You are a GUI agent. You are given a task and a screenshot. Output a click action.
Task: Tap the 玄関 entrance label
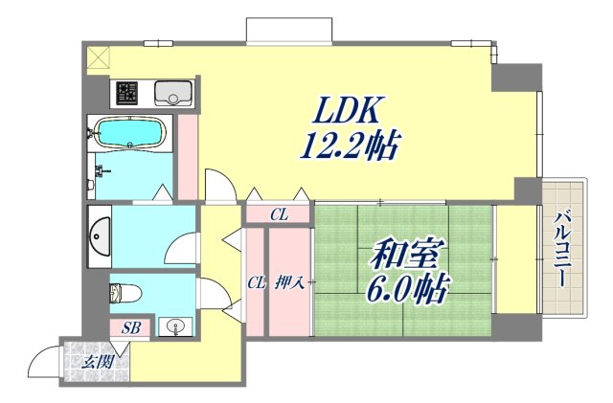click(x=96, y=362)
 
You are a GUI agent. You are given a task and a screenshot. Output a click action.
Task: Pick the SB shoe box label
click(x=131, y=328)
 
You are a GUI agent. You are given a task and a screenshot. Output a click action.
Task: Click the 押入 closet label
click(x=290, y=281)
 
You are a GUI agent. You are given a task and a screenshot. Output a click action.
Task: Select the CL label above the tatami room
click(x=278, y=215)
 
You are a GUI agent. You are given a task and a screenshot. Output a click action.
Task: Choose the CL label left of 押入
click(x=256, y=281)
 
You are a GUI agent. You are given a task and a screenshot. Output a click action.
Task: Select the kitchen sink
click(x=174, y=93)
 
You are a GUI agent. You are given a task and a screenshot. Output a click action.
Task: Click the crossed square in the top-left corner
click(x=99, y=57)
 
